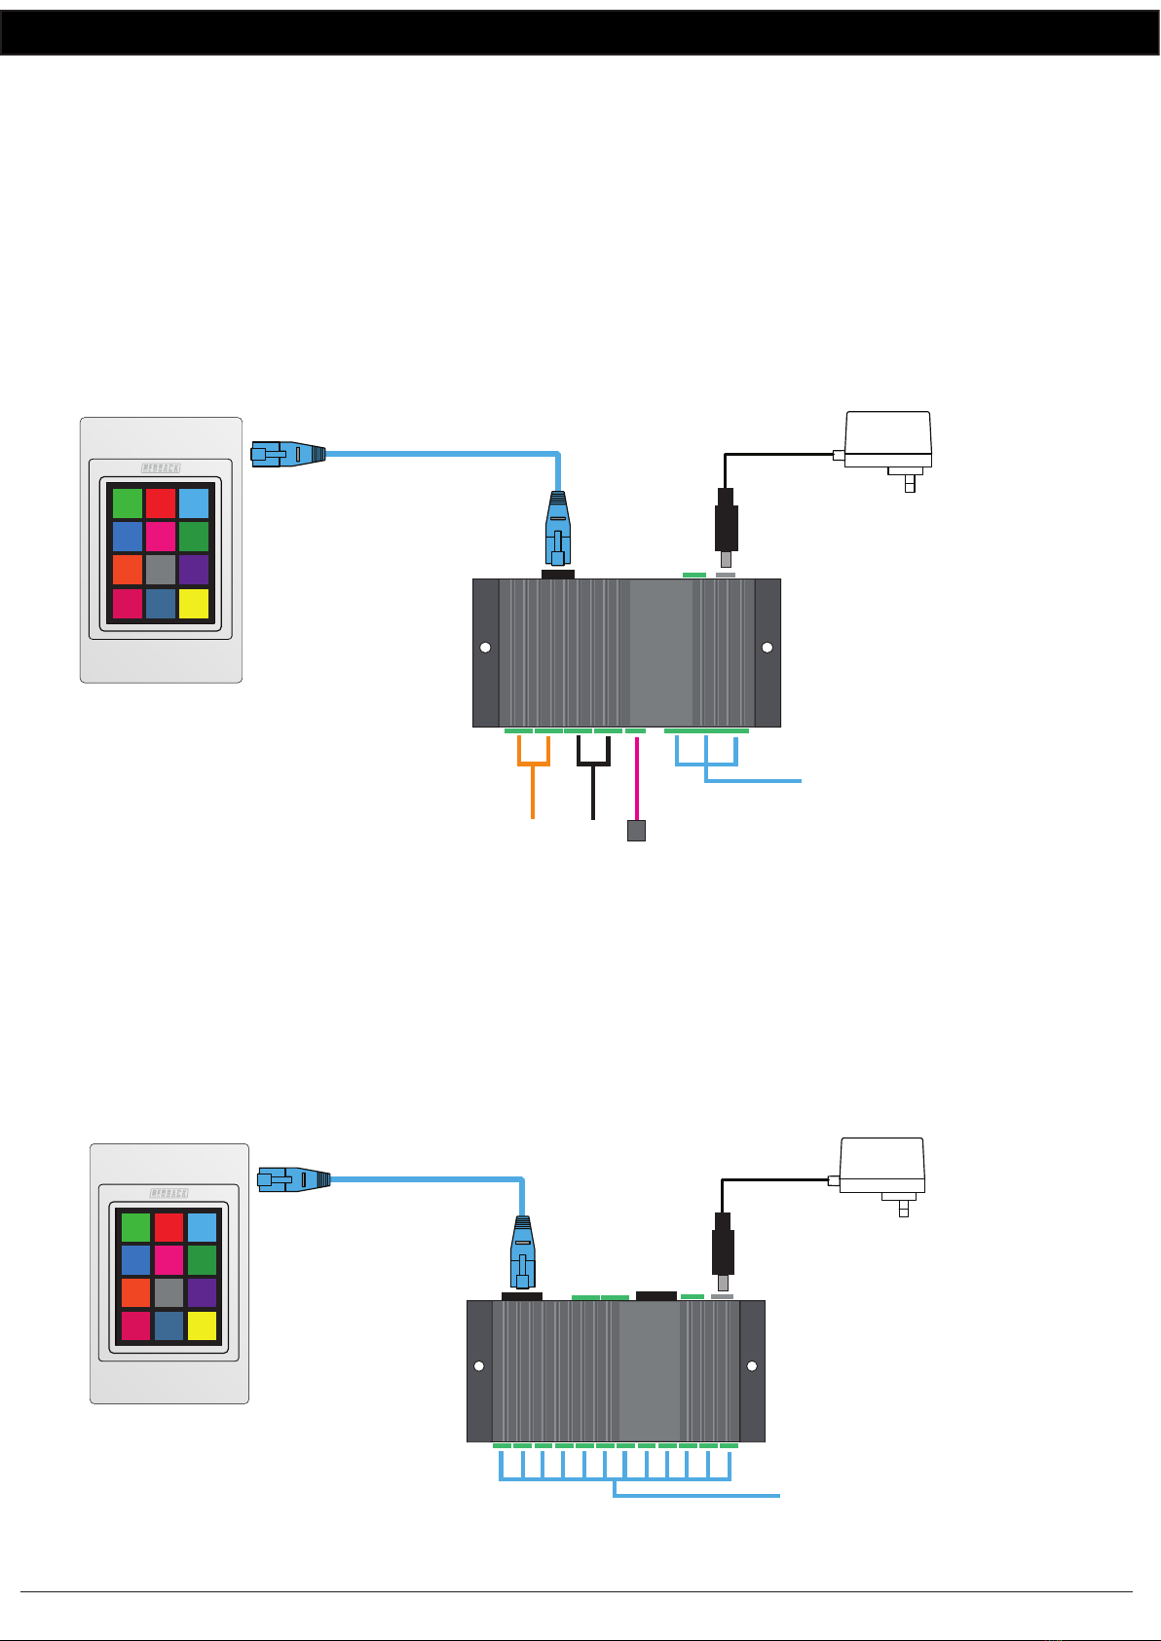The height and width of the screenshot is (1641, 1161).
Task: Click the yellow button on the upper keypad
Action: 194,604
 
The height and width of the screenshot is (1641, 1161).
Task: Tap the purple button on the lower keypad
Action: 202,1292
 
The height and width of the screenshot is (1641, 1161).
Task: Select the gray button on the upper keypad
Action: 161,570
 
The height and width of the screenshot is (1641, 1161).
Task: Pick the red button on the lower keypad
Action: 169,1227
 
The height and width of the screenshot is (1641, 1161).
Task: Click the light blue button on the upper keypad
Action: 194,503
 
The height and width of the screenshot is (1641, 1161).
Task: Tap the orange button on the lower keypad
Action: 135,1292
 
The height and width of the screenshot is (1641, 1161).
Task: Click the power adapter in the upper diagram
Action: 887,443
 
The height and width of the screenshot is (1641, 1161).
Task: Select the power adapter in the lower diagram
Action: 881,1169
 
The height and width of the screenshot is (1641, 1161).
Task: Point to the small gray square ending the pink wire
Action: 635,831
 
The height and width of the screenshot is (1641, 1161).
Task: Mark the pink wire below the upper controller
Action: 636,779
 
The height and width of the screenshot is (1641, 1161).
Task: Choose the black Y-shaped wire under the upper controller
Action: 593,779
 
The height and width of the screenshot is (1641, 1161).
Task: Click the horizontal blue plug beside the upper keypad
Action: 287,454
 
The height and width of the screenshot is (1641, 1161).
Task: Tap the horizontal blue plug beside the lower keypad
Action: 293,1180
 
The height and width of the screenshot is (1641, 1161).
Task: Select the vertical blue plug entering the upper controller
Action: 557,531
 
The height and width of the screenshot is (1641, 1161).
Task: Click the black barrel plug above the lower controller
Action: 723,1247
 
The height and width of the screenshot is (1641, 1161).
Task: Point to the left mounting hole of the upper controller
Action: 485,648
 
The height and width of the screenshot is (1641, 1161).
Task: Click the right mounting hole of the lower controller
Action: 751,1366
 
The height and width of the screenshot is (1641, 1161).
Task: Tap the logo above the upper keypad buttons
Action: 161,468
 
